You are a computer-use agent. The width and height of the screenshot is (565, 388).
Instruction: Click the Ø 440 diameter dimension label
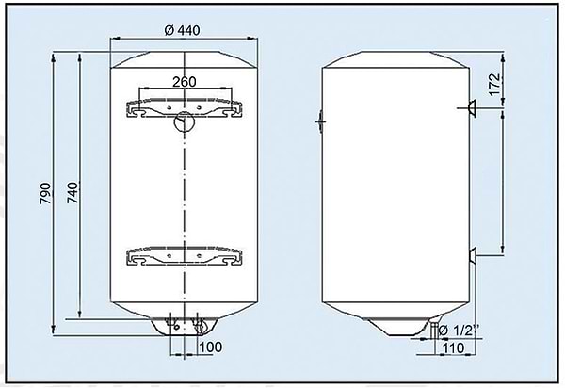[182, 30]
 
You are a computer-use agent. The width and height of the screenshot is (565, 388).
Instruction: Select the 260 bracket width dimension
[185, 82]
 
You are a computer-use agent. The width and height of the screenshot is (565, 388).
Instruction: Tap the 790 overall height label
[45, 193]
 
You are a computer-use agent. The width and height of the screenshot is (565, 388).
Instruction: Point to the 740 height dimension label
[73, 193]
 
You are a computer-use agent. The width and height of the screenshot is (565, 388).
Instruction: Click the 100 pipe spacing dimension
[210, 347]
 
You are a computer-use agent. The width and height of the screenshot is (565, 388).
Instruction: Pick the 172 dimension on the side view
[495, 85]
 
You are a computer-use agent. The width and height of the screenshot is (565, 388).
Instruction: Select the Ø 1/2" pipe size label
[460, 331]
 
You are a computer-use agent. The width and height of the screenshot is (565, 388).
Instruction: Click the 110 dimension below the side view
[453, 348]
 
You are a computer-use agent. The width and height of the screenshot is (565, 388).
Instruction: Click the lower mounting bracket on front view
[185, 256]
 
